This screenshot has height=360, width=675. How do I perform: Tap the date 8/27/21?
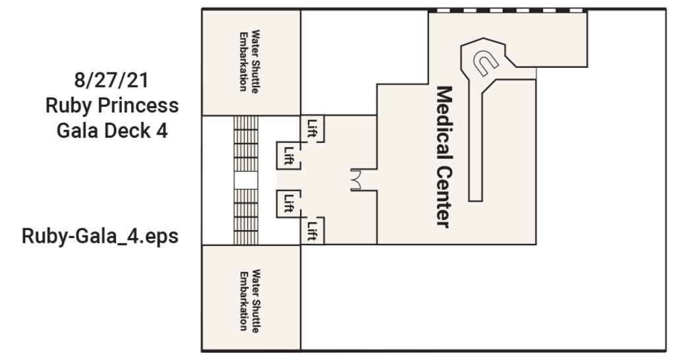pos(111,81)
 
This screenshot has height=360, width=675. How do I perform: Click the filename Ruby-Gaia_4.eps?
pos(100,236)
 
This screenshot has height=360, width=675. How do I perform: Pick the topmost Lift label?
pos(312,127)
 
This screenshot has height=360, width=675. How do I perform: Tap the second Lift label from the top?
pos(288,156)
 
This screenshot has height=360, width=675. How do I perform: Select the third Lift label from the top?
pos(288,202)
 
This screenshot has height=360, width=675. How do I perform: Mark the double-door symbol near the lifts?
pos(356,180)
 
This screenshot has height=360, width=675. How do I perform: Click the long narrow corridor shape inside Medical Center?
pos(476,145)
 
